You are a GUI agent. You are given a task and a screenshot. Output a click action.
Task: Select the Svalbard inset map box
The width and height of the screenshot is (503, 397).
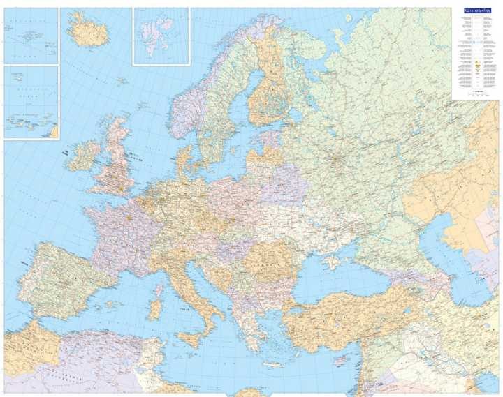pyautogui.click(x=161, y=35)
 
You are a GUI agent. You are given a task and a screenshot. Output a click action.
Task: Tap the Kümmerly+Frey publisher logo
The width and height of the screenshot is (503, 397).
pyautogui.click(x=476, y=12)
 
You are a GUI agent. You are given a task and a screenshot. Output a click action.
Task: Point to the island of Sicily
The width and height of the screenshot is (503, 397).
pyautogui.click(x=190, y=340)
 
